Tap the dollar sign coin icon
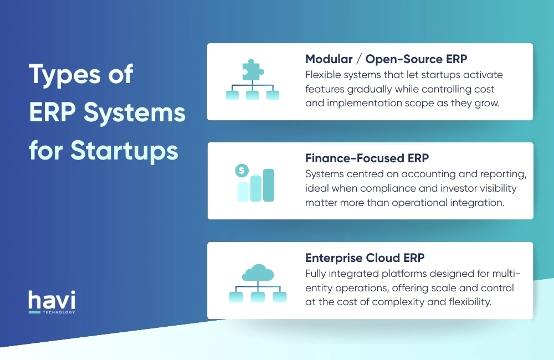point(242,171)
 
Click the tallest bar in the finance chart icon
point(269,185)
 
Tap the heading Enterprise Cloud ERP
point(365,259)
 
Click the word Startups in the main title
point(125,150)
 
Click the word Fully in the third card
point(316,274)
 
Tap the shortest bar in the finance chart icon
point(243,191)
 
